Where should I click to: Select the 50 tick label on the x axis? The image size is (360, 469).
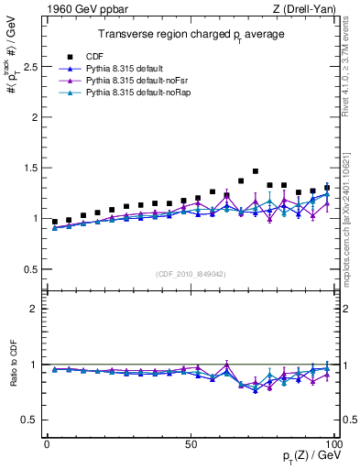[191, 443]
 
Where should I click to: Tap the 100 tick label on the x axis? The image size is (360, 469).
[332, 443]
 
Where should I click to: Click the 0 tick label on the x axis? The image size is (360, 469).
[48, 443]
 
